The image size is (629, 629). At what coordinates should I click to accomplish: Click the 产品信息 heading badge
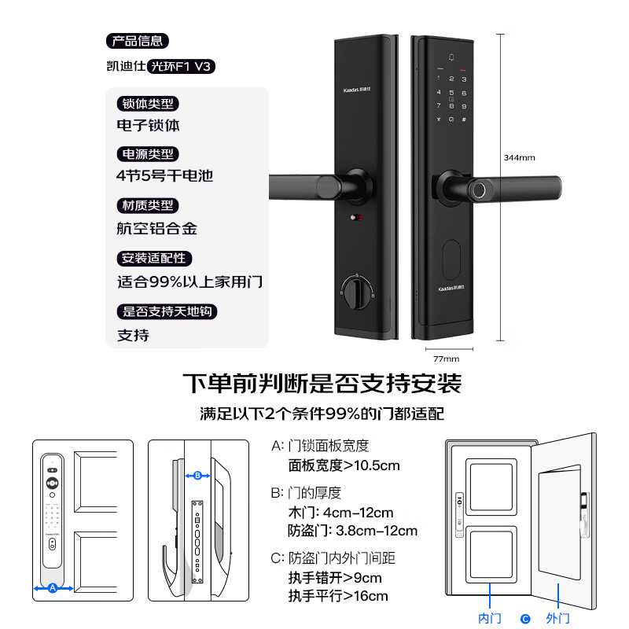[137, 42]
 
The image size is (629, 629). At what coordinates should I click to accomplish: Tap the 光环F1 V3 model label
[181, 67]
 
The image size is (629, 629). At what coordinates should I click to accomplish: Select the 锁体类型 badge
[147, 104]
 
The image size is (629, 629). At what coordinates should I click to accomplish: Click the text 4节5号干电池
[165, 176]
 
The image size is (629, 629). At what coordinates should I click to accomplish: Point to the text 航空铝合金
[157, 229]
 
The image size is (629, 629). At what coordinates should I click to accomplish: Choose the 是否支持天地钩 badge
[166, 311]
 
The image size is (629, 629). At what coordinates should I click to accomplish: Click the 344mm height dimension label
[519, 158]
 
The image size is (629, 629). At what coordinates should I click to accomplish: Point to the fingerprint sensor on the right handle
[475, 189]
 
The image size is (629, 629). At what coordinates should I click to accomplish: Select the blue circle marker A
[53, 587]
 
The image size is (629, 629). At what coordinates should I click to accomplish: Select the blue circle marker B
[197, 476]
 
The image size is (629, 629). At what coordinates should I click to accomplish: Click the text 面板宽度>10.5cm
[344, 465]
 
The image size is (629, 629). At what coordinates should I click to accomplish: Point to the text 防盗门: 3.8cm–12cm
[353, 531]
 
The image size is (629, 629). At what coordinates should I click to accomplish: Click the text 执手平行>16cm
[338, 596]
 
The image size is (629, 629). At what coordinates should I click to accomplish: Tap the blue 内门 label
[490, 619]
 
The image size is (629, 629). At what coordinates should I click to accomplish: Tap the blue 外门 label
[557, 619]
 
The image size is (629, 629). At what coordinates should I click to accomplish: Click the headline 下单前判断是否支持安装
[322, 384]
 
